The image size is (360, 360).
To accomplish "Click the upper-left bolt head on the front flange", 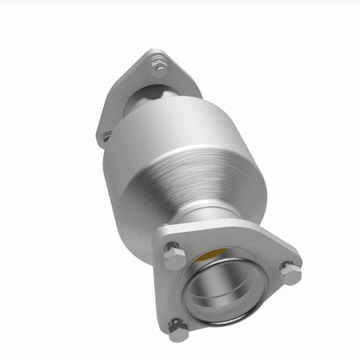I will [173, 256].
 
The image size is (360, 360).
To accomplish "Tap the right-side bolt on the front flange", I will [290, 273].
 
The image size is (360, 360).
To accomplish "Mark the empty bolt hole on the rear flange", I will [106, 136].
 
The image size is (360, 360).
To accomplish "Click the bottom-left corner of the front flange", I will [170, 333].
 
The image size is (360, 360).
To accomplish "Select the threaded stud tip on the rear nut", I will [158, 62].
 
